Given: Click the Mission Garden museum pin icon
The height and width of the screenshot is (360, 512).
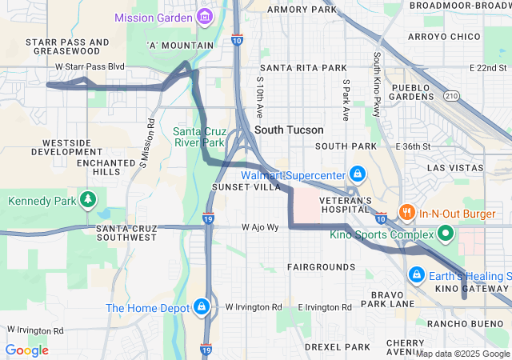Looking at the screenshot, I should click(x=205, y=17).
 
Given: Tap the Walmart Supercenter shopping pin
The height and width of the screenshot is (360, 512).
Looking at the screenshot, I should click(x=357, y=174).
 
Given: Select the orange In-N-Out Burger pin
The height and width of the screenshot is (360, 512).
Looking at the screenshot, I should click(x=408, y=213).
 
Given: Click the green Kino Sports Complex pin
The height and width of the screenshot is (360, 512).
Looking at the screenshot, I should click(x=446, y=234).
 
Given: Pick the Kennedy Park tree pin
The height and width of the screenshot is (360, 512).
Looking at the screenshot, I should click(x=88, y=199).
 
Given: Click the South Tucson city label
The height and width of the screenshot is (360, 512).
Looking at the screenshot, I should click(x=289, y=130).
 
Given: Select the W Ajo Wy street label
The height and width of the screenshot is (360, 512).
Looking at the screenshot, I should click(x=260, y=227).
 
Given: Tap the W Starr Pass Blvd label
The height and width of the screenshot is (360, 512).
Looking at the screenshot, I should click(x=90, y=66).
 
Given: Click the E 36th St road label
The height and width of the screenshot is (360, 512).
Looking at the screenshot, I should click(x=413, y=146).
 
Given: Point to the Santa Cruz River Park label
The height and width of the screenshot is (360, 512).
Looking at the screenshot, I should click(x=199, y=137).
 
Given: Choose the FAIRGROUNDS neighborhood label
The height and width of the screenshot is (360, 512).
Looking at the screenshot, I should click(x=321, y=266).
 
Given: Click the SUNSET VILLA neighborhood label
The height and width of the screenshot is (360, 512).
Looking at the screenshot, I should click(x=246, y=186).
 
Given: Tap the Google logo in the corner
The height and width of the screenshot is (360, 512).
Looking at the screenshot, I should click(x=26, y=350).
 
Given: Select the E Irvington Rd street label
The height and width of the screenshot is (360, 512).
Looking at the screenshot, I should click(x=324, y=307).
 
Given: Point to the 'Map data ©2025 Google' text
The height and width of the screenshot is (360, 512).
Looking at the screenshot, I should click(x=462, y=354).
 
